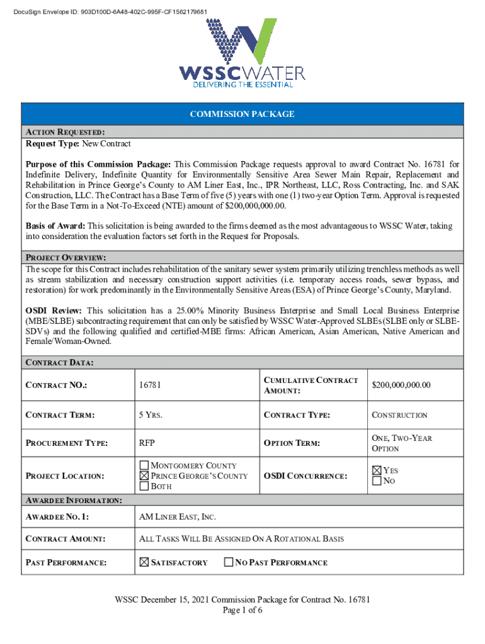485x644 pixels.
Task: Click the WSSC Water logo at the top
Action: tap(242, 53)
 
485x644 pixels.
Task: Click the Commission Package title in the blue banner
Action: tap(242, 114)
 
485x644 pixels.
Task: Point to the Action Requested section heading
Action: tap(65, 133)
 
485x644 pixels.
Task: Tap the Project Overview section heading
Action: tap(66, 258)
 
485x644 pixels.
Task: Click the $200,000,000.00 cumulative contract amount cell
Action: tap(401, 385)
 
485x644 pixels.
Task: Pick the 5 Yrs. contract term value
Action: tap(152, 415)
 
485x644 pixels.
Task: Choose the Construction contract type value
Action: tap(399, 415)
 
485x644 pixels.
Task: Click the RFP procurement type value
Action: tap(147, 443)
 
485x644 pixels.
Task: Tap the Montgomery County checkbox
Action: tap(144, 465)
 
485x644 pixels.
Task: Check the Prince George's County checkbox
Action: tap(144, 476)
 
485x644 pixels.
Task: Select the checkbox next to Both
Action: tap(144, 486)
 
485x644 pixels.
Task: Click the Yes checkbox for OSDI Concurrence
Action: tap(377, 470)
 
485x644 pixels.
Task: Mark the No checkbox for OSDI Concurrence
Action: tap(377, 481)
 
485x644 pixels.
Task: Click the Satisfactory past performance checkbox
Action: tap(143, 562)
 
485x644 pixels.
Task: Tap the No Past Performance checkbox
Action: tap(229, 562)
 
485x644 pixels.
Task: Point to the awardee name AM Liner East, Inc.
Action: tap(177, 517)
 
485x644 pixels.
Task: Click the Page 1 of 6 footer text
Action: tap(242, 610)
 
